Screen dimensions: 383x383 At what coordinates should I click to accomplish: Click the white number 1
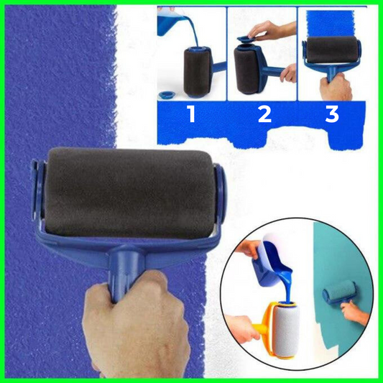coord(192,114)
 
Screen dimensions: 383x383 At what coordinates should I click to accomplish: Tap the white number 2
coord(264,114)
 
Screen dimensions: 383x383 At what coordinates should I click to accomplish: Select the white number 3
coord(332,114)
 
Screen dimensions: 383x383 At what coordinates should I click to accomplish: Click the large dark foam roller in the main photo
coord(127,193)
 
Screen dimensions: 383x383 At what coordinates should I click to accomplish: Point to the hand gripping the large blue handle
coord(136,327)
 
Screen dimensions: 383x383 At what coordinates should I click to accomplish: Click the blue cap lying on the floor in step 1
coord(166,94)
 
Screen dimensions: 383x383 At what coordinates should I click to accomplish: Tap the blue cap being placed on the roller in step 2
coord(246,40)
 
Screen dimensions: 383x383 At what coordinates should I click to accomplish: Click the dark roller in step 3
coord(332,48)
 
